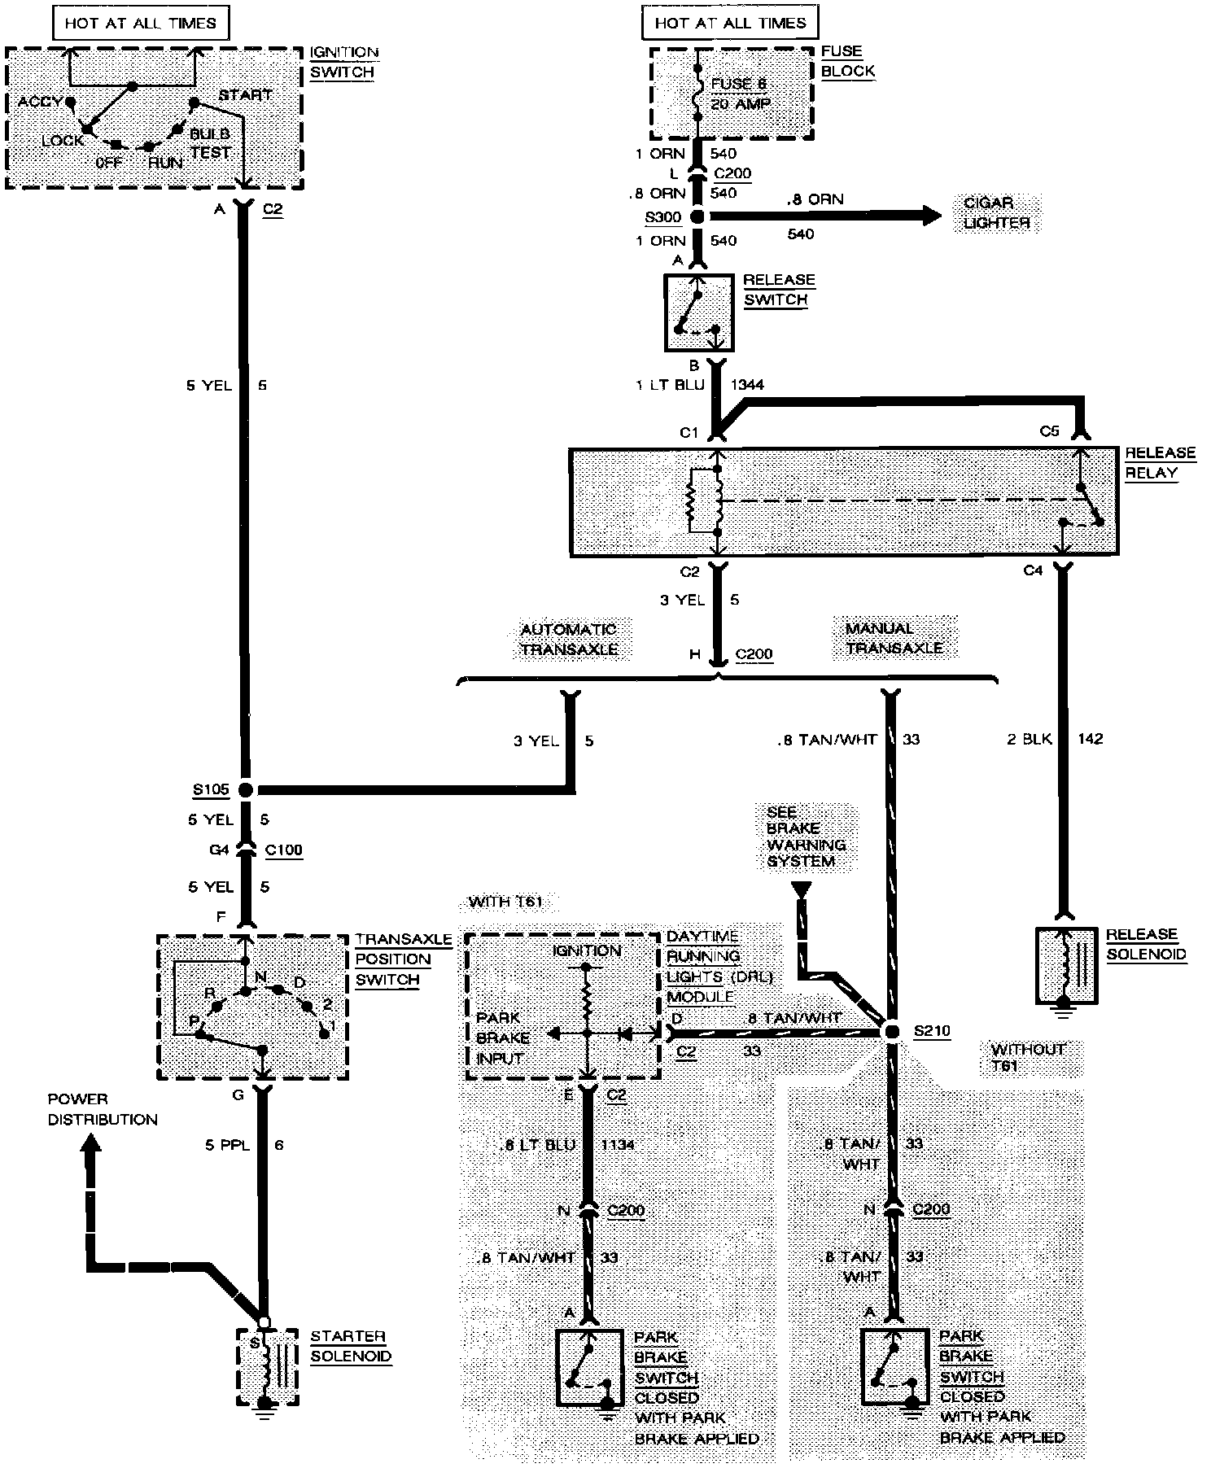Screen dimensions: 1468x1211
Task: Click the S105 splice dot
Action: coord(244,789)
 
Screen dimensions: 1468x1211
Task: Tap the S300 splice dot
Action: coord(697,216)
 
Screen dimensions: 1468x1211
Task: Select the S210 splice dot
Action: coord(893,1031)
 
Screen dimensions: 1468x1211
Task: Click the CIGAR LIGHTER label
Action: coord(996,212)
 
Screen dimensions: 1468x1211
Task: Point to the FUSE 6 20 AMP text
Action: coord(740,94)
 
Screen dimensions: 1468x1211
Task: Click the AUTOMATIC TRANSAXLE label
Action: coord(569,639)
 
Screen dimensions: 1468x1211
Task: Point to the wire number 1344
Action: coord(747,385)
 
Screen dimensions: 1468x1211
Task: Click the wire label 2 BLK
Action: coord(1030,739)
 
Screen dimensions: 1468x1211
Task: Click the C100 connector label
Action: coord(284,850)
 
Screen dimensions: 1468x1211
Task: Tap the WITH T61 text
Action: coord(505,902)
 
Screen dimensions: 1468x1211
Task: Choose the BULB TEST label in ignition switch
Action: coord(210,142)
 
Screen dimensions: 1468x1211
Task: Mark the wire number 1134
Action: coord(617,1145)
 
